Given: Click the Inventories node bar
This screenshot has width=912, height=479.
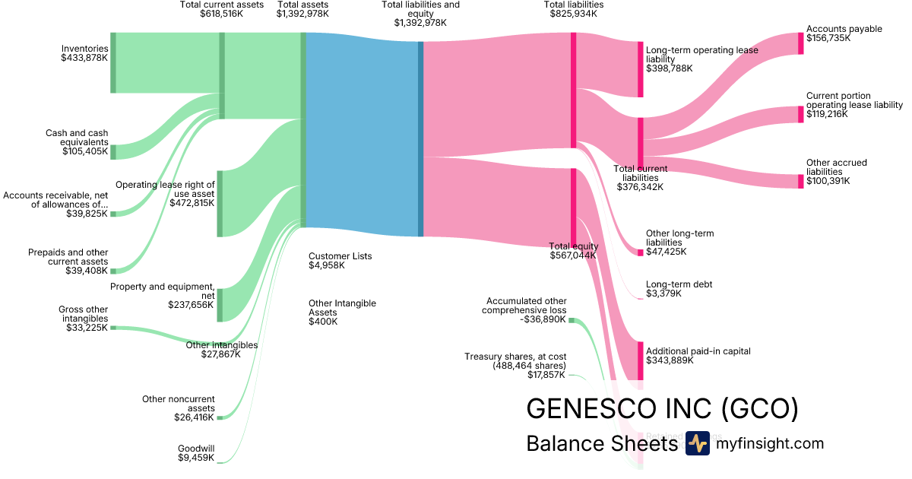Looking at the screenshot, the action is coord(113,63).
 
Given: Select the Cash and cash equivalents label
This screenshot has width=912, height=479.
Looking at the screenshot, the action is coord(77,138).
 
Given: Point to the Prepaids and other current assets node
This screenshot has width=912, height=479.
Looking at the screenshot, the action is coord(113,271).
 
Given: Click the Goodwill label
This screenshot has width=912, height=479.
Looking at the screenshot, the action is coord(196,448).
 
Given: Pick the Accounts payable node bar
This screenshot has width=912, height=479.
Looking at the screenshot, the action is coord(800,43).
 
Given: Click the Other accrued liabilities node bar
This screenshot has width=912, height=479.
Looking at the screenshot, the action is coord(800,181).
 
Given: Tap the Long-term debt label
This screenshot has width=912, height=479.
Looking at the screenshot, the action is coord(679,284).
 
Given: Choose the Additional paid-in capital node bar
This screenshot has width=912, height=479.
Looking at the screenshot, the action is coord(640,361).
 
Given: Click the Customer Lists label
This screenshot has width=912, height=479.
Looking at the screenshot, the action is coord(340,256).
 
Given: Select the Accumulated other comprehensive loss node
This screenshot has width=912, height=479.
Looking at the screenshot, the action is coord(572,321).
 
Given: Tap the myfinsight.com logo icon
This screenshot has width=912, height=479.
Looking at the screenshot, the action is coord(697,443).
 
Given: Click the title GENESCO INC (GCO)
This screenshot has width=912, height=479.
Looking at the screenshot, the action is coord(662,410).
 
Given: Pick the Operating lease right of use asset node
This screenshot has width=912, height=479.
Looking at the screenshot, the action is coord(220,203).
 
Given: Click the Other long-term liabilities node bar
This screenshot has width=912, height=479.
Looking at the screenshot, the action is coord(640,252).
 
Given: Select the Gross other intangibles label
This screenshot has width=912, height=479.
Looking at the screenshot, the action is coord(84,314).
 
